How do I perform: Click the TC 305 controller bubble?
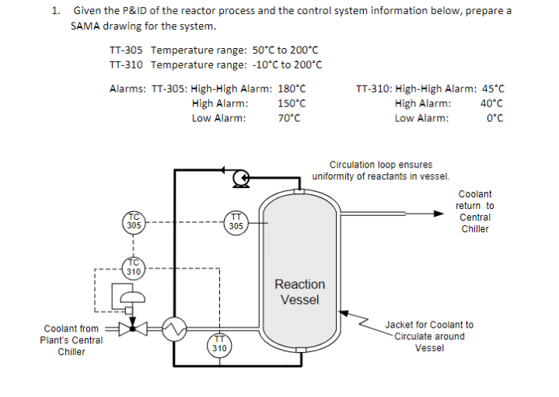point(134,221)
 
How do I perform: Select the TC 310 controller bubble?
point(134,269)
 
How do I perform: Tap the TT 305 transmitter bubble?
point(236,221)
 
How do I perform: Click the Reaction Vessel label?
point(299,292)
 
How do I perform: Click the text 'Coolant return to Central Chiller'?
point(475,211)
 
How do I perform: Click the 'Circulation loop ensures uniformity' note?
point(381,170)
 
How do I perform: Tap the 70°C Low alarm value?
point(288,118)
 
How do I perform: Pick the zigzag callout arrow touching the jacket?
point(355,319)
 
